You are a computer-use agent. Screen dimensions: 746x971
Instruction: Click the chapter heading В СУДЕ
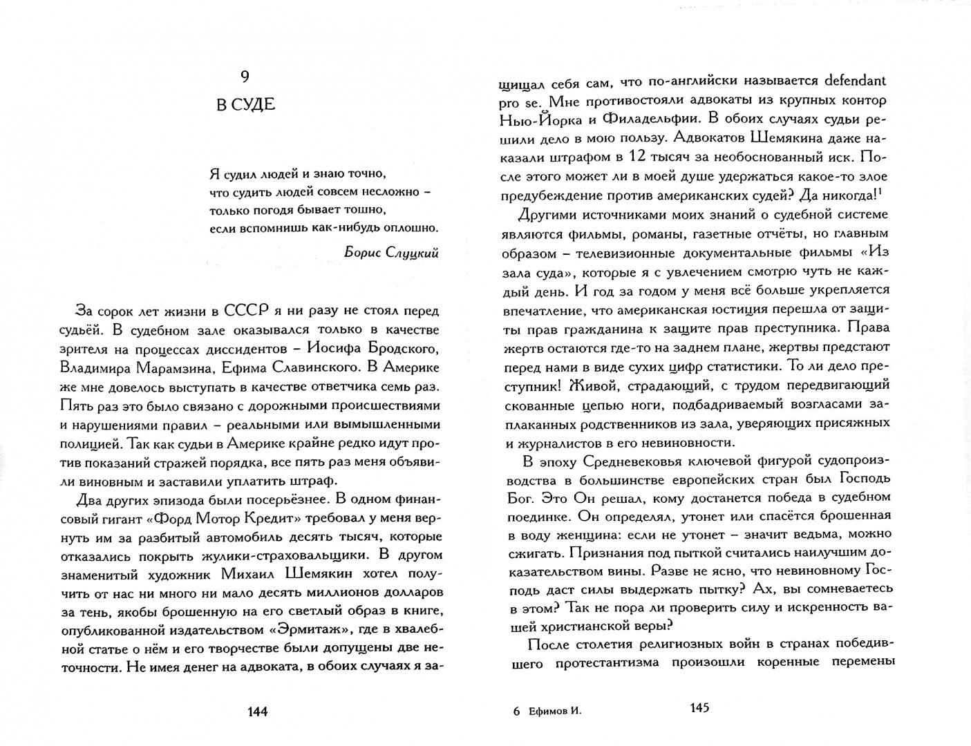pyautogui.click(x=245, y=105)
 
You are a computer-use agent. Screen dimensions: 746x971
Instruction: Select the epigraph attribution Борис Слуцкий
pyautogui.click(x=391, y=253)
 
